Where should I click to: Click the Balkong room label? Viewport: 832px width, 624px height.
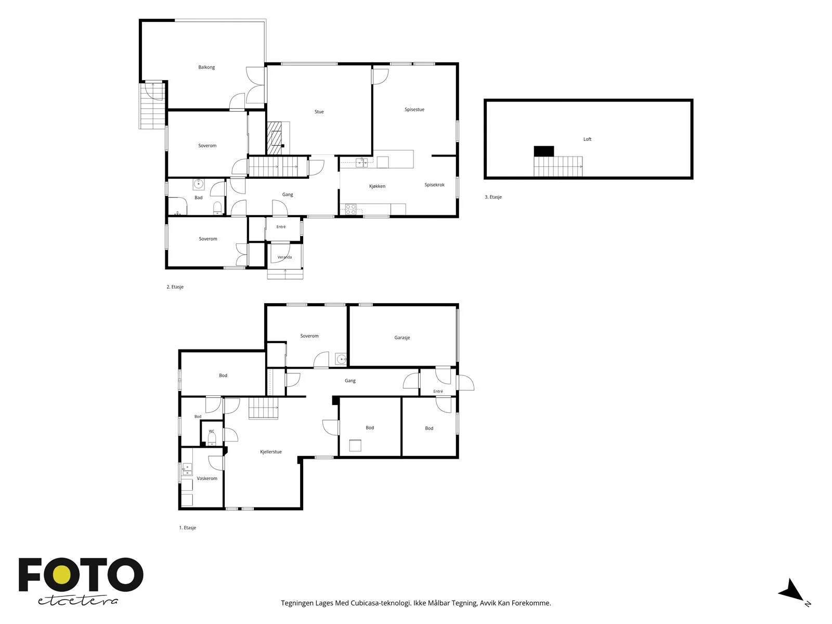click(x=206, y=68)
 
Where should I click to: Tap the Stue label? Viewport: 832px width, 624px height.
click(x=319, y=112)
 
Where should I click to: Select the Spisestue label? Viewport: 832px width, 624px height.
click(x=414, y=110)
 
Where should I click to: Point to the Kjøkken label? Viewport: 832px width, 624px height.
click(x=377, y=186)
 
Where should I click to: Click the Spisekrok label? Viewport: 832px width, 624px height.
click(x=434, y=185)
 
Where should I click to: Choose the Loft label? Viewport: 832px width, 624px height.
click(x=587, y=139)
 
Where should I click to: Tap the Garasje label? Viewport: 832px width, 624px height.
click(x=402, y=337)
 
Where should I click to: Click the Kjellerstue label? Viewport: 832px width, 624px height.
click(x=270, y=451)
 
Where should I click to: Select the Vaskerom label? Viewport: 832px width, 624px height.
click(x=207, y=478)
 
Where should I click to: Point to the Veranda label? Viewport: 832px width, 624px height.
click(x=284, y=257)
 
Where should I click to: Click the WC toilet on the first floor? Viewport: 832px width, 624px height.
click(x=212, y=439)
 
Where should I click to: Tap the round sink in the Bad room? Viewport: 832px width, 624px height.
click(x=199, y=184)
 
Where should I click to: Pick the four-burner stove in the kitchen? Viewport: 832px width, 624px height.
click(x=350, y=210)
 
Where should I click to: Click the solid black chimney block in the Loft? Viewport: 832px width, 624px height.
click(x=543, y=151)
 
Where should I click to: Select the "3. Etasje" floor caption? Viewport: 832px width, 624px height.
click(x=493, y=197)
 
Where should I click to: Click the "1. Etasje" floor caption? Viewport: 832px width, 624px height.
click(x=187, y=527)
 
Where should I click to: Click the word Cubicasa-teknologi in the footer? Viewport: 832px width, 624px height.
click(x=381, y=603)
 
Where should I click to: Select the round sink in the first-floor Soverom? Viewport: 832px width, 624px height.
click(x=341, y=358)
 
